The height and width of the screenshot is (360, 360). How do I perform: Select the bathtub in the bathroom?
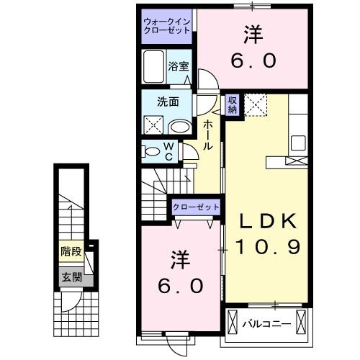153,68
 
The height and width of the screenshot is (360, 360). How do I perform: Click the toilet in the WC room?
153,151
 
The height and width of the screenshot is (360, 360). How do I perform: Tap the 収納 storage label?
232,104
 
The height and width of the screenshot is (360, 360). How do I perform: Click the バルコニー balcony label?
266,323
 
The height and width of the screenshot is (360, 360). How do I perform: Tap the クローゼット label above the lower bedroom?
196,207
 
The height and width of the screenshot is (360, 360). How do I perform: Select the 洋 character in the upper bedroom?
253,33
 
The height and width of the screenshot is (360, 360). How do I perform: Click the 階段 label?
70,252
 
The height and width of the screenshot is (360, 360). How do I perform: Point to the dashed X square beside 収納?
255,105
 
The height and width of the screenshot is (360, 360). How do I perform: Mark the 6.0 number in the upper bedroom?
253,60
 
